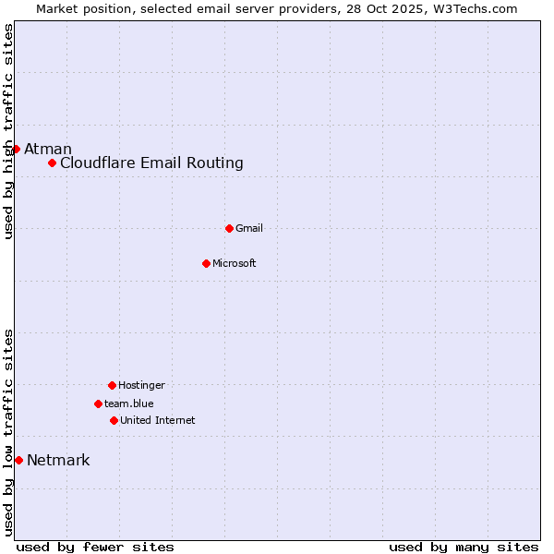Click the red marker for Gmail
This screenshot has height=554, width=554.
[229, 228]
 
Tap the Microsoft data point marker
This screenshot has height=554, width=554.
[206, 263]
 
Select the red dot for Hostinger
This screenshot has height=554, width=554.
[112, 385]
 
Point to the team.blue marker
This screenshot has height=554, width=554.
[98, 403]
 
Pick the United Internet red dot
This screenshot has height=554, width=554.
[114, 420]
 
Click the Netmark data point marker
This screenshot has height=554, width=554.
[18, 460]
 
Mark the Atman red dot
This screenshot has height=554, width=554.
[16, 149]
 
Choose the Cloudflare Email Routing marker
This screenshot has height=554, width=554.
[53, 163]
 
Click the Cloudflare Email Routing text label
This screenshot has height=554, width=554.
[151, 163]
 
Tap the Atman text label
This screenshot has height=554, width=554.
[48, 150]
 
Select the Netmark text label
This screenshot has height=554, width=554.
[58, 461]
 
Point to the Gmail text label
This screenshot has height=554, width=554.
[249, 229]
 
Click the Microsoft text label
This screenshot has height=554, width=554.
[235, 264]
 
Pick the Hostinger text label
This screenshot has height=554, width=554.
[141, 386]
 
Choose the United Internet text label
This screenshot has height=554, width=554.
[157, 421]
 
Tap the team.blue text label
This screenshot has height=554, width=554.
[129, 404]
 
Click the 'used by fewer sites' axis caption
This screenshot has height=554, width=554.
[95, 547]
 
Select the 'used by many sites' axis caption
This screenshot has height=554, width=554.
[464, 547]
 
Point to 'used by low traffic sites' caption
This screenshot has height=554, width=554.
[9, 432]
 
